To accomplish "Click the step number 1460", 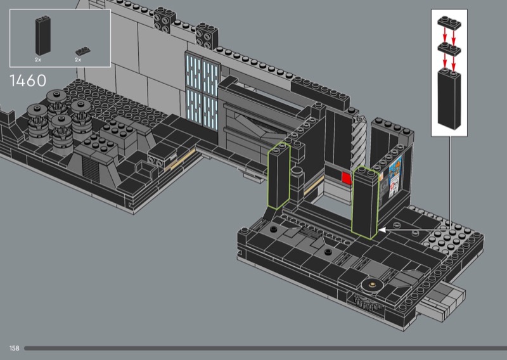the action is click(28, 80).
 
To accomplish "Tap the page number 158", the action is click(14, 348).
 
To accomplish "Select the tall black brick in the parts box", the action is click(42, 35).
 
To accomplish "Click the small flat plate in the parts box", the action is click(83, 51).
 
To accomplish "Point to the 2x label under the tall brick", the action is click(38, 60).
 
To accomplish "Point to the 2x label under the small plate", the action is click(78, 60).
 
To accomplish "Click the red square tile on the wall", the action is click(347, 178).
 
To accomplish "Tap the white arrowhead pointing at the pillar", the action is click(382, 230).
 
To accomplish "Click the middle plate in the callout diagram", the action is click(449, 49).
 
